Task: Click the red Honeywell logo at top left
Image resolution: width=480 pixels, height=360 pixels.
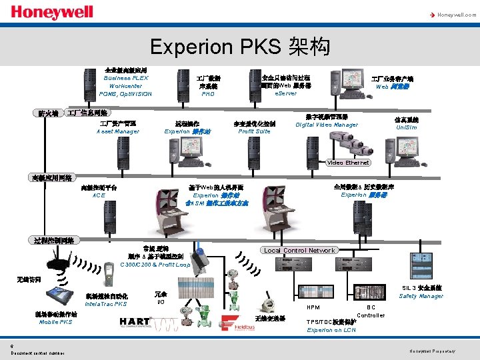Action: (52, 13)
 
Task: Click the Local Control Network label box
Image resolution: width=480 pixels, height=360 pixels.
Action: (299, 251)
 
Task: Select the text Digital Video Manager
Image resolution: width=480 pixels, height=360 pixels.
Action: (327, 125)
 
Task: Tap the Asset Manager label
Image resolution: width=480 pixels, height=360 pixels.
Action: (117, 131)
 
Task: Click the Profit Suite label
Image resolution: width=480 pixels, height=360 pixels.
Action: (254, 131)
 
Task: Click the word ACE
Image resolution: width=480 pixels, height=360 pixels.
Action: (99, 195)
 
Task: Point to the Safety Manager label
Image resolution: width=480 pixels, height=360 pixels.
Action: (421, 296)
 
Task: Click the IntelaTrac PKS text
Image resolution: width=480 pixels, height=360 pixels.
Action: (105, 304)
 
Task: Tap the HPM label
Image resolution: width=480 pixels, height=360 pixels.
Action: (313, 307)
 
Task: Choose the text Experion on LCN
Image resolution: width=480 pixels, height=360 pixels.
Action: (332, 330)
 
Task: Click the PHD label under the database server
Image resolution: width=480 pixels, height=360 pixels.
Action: (208, 94)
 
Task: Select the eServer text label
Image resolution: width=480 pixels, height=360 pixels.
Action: (286, 93)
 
